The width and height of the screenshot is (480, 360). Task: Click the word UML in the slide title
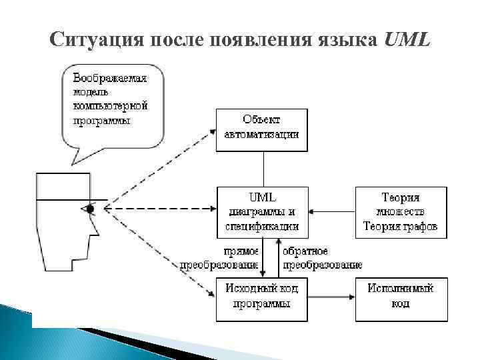(x=408, y=40)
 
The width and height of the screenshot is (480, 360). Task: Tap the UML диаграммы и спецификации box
(x=262, y=212)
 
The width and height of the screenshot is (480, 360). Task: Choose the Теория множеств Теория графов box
(x=401, y=212)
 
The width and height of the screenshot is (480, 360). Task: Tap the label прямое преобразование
(x=220, y=258)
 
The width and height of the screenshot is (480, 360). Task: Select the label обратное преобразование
(x=320, y=258)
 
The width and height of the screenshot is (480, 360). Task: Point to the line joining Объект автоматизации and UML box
(x=263, y=169)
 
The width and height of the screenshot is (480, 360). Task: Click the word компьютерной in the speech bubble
(x=110, y=106)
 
